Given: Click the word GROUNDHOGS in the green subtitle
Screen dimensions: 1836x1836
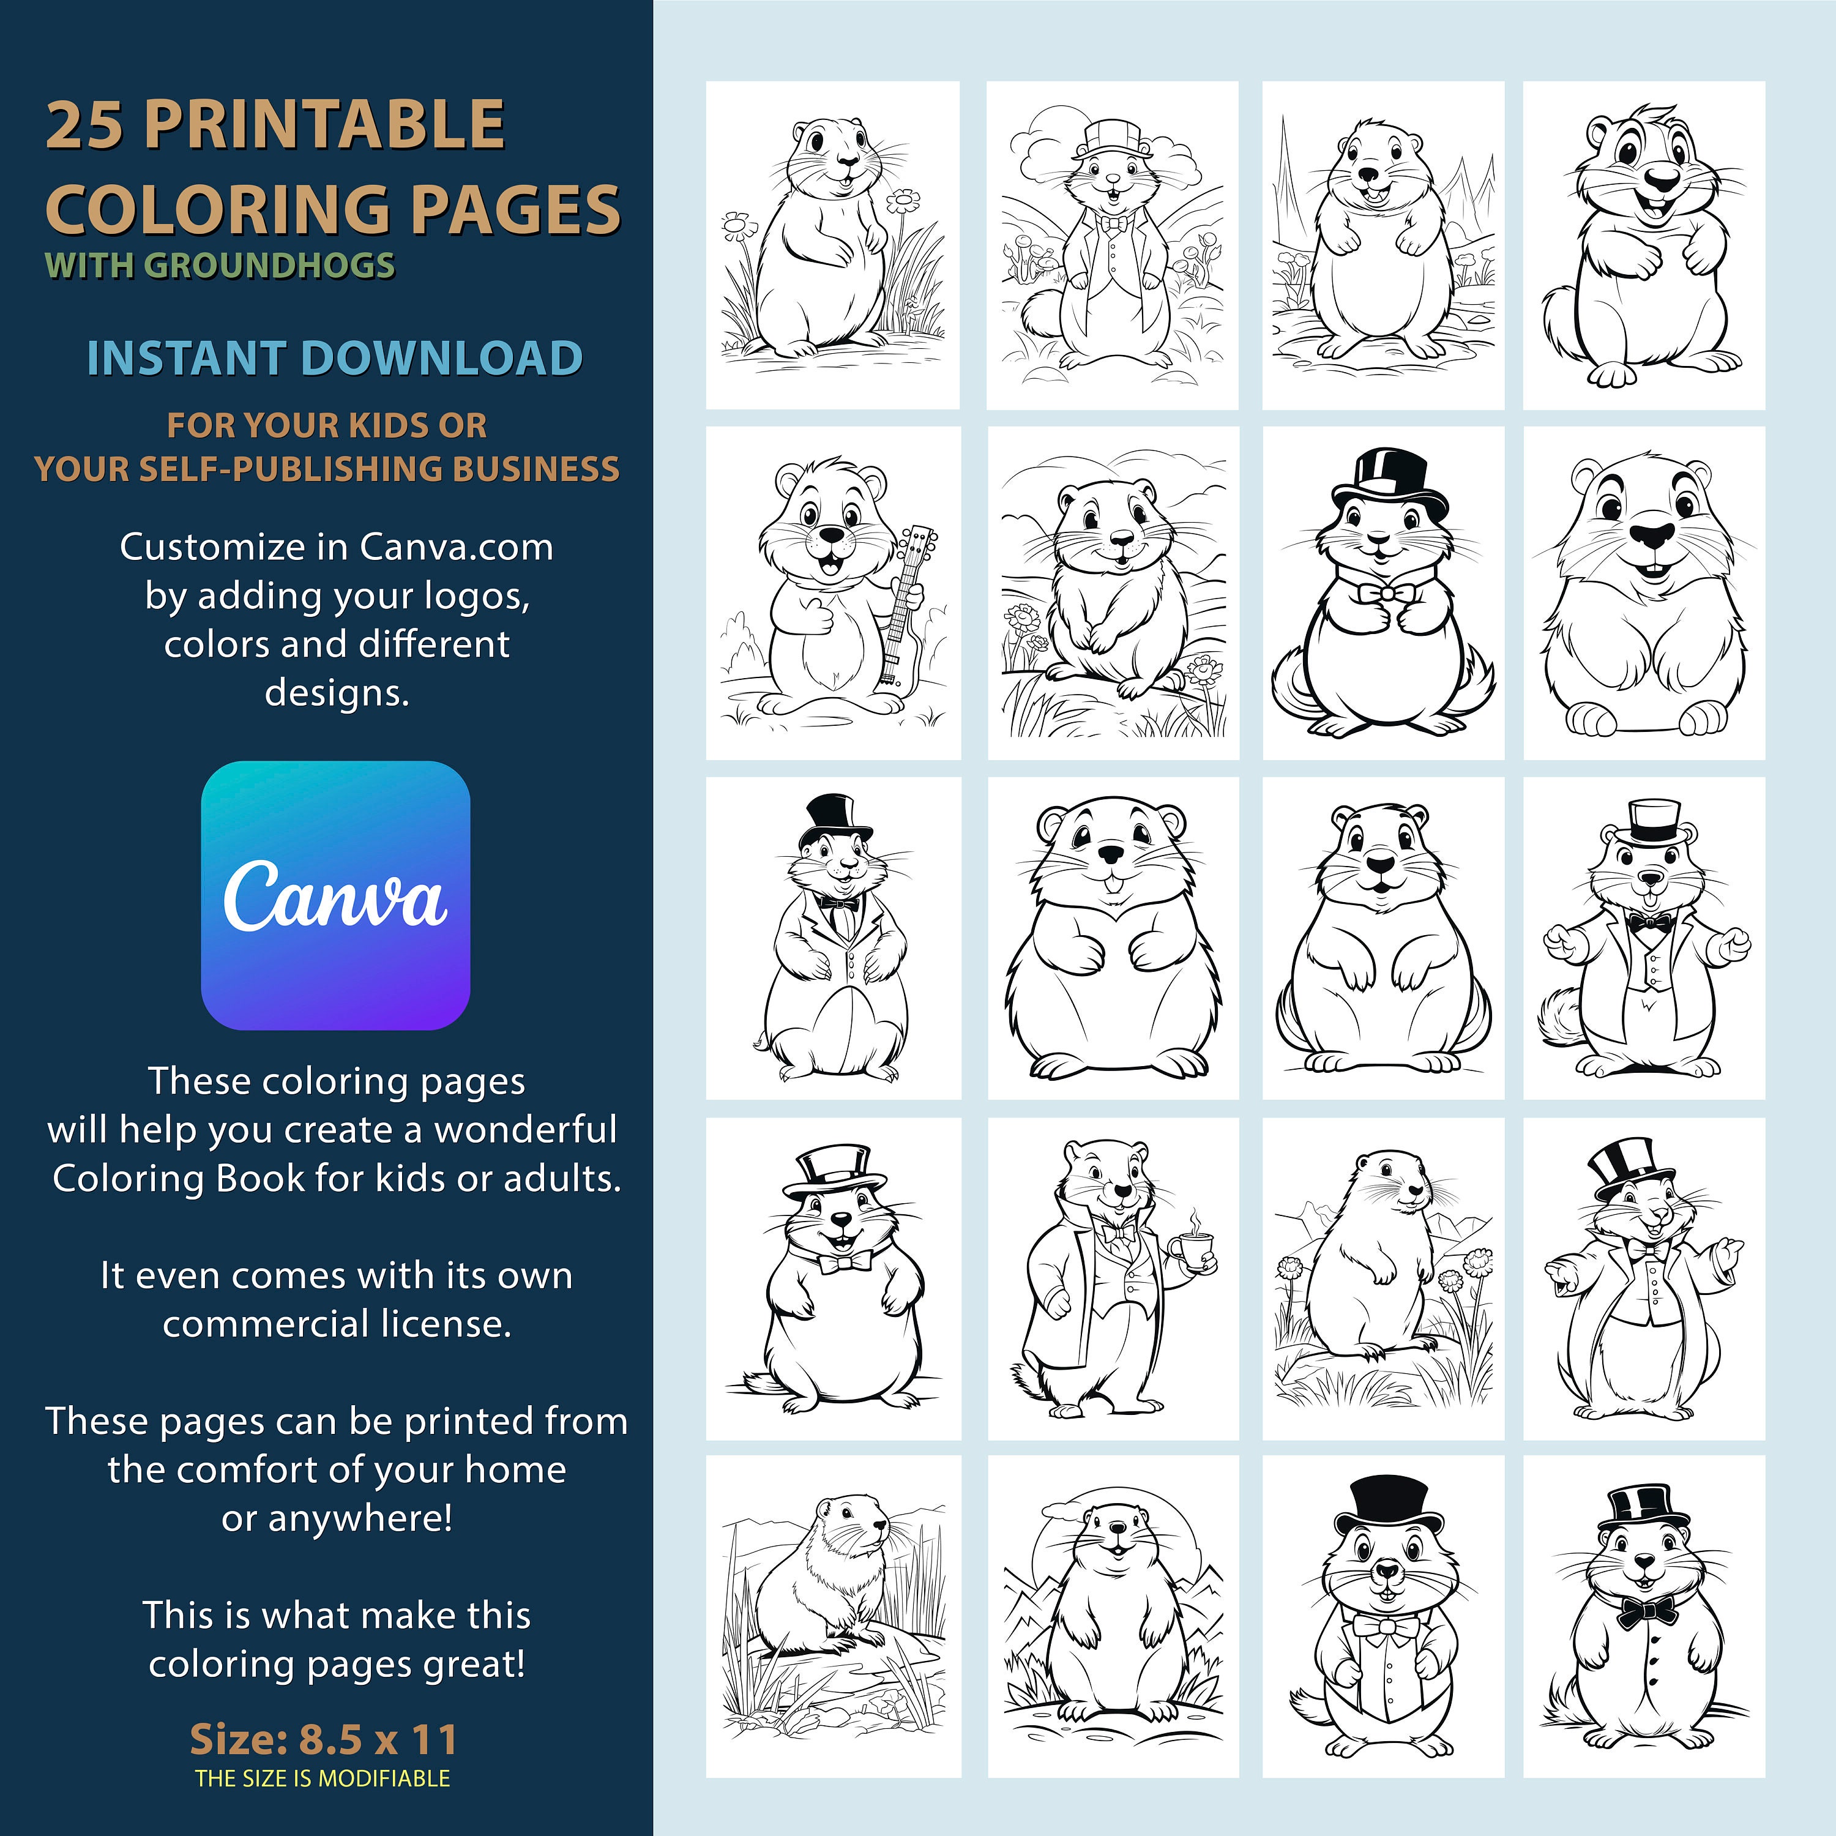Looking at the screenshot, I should tap(269, 265).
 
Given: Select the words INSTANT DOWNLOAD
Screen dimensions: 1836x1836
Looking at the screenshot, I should tap(335, 358).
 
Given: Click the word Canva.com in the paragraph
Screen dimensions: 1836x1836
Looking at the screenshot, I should tap(456, 547).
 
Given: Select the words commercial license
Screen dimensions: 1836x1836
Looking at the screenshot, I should tap(337, 1324).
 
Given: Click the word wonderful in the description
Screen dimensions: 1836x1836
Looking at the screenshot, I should tap(526, 1130).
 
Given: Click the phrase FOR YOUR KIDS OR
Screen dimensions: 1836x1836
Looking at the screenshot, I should tap(327, 426).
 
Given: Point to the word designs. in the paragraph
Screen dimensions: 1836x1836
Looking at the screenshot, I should tap(337, 693).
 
